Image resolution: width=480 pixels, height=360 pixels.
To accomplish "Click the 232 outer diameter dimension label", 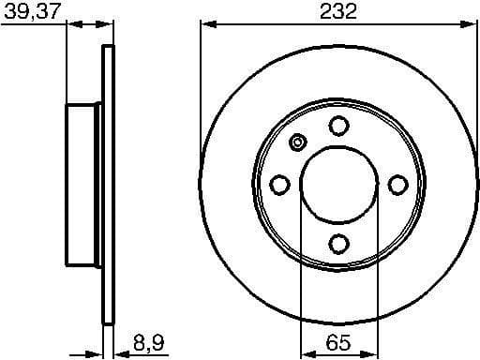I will coord(337,11).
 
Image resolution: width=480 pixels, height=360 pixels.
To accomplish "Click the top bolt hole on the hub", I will coord(338,126).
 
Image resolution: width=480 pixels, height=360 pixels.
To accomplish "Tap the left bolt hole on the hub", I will coord(279,185).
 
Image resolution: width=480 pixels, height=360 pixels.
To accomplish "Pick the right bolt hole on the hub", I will coord(397,185).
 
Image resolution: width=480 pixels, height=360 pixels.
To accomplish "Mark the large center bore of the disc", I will coord(338,185).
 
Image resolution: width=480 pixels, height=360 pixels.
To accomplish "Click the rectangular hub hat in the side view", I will coord(82,183).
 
